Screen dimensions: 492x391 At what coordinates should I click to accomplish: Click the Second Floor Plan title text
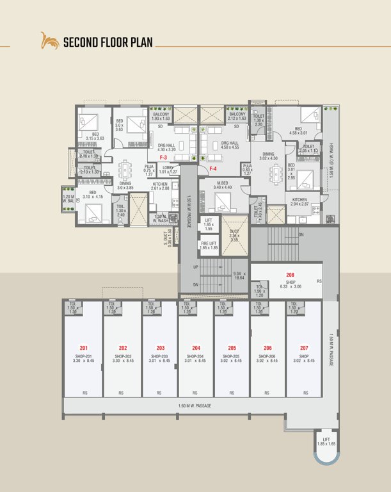[x=108, y=43]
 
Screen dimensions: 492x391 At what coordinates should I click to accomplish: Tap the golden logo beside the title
[x=49, y=41]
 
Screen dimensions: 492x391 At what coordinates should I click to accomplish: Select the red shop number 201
[x=84, y=348]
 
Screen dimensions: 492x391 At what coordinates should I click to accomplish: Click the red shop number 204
[x=196, y=348]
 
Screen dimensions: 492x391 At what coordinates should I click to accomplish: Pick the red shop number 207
[x=304, y=348]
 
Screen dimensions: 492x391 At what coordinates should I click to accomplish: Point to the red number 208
[x=290, y=274]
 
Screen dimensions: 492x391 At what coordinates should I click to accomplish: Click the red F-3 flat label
[x=163, y=157]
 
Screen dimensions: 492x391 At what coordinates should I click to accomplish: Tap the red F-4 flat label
[x=214, y=168]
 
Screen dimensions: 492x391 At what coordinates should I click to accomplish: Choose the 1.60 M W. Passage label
[x=195, y=406]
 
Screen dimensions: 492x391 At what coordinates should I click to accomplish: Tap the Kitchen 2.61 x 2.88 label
[x=160, y=186]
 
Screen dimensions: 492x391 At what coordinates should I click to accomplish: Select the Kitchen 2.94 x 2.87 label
[x=299, y=202]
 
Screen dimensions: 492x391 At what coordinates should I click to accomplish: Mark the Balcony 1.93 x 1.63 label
[x=161, y=117]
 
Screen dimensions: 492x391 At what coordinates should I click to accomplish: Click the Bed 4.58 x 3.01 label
[x=298, y=131]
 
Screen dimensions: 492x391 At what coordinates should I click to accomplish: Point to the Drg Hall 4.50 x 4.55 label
[x=229, y=145]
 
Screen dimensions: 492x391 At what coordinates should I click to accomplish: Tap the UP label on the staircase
[x=195, y=266]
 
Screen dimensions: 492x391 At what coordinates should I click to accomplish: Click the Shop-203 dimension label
[x=160, y=358]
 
